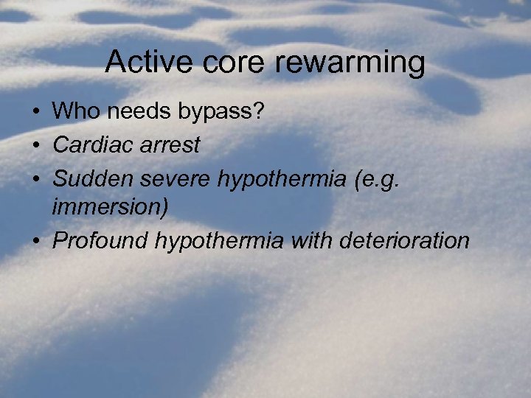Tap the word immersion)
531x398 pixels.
(x=111, y=209)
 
